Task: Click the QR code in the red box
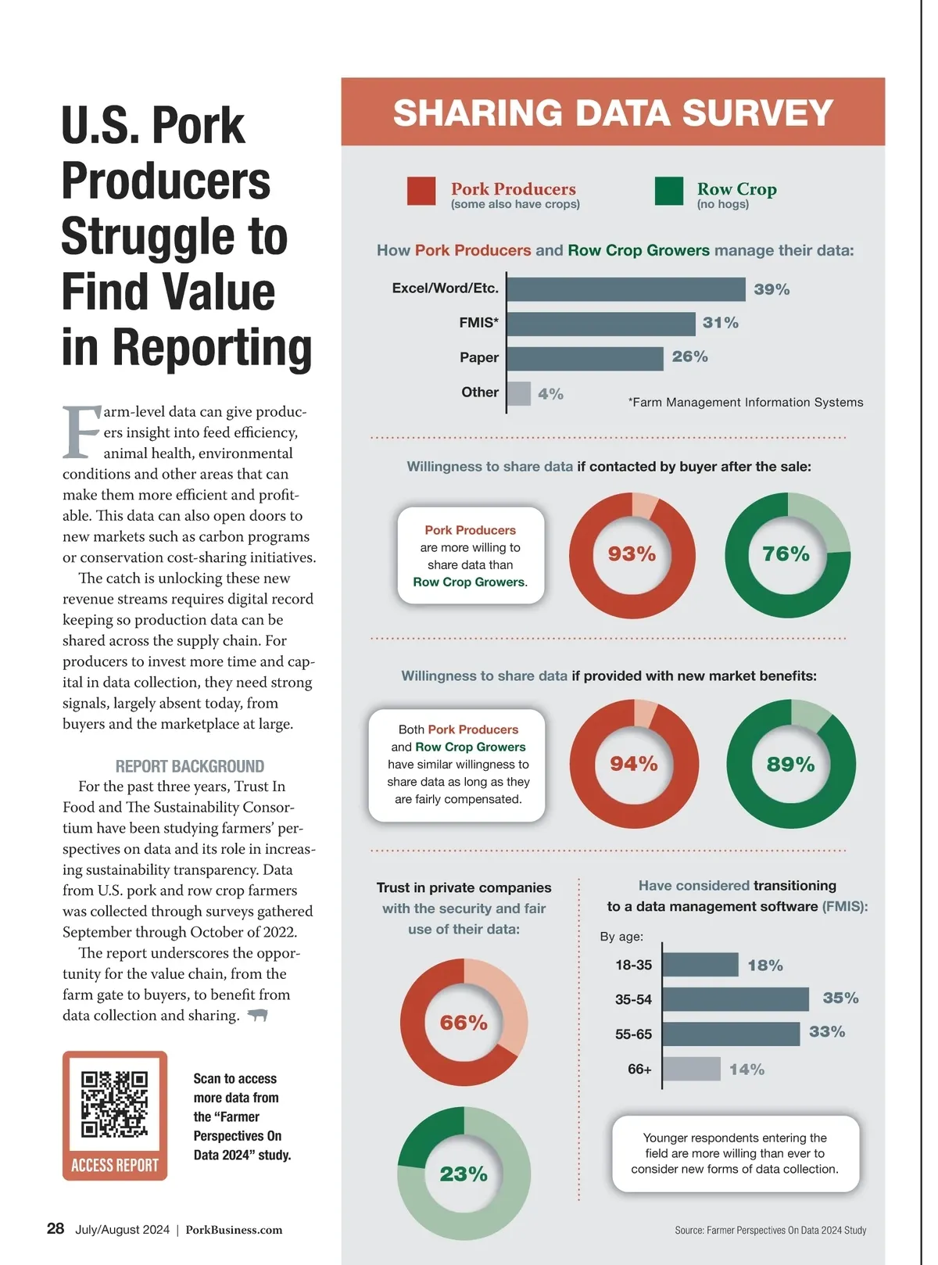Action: pyautogui.click(x=114, y=1103)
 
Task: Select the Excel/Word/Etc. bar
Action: pyautogui.click(x=626, y=289)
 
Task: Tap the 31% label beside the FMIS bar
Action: pyautogui.click(x=720, y=323)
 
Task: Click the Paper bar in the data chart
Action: pyautogui.click(x=585, y=358)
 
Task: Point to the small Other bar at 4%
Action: pyautogui.click(x=519, y=393)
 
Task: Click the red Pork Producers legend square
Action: pyautogui.click(x=421, y=192)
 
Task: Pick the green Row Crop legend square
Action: pyautogui.click(x=668, y=192)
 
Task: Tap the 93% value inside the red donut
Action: pyautogui.click(x=632, y=554)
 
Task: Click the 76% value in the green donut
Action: pyautogui.click(x=786, y=554)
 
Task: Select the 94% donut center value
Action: pyautogui.click(x=633, y=764)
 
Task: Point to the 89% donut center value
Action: pyautogui.click(x=790, y=764)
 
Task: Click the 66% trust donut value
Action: pyautogui.click(x=464, y=1023)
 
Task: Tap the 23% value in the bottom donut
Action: pyautogui.click(x=464, y=1174)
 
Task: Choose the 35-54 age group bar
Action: pyautogui.click(x=736, y=999)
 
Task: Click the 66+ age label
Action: pyautogui.click(x=639, y=1069)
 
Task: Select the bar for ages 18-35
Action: pyautogui.click(x=700, y=965)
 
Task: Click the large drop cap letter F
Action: pyautogui.click(x=81, y=432)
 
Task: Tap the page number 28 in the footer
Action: pyautogui.click(x=55, y=1228)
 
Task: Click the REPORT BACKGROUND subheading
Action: pyautogui.click(x=190, y=766)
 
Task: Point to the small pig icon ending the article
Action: pyautogui.click(x=257, y=1015)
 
